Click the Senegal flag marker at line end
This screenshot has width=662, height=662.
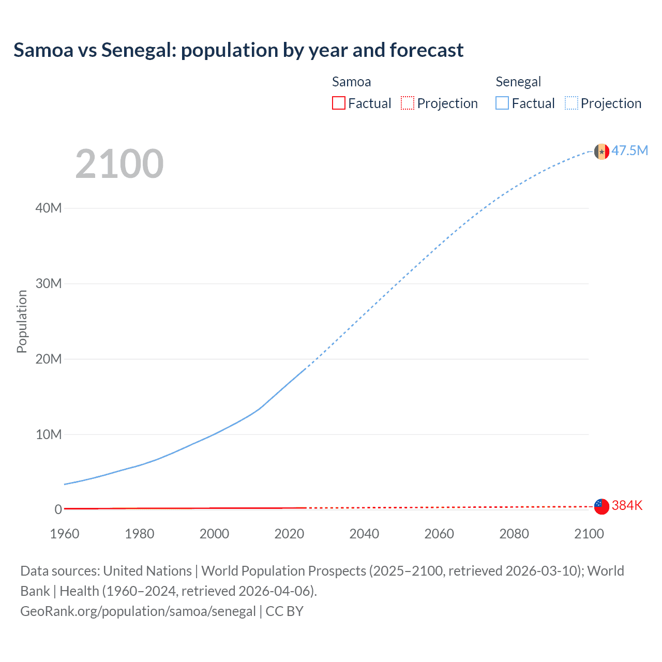(601, 152)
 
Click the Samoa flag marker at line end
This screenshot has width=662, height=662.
(601, 506)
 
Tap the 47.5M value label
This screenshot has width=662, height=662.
(629, 151)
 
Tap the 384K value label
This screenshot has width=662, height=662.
(627, 505)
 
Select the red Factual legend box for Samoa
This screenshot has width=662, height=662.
(338, 103)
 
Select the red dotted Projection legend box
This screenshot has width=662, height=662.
(408, 103)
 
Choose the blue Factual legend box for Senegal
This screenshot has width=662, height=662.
(502, 103)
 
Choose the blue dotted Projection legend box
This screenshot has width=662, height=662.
(571, 103)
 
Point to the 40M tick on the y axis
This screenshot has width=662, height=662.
(49, 208)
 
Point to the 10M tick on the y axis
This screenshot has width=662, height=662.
(49, 434)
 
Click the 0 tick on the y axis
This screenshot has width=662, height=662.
(58, 509)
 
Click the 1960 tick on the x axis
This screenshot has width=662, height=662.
(65, 534)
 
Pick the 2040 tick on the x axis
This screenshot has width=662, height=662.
(364, 534)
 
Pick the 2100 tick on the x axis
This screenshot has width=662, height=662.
(589, 534)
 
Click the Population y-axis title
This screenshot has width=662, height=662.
(22, 321)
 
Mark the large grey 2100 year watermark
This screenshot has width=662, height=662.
(119, 164)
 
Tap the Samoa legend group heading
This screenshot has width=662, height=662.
(351, 82)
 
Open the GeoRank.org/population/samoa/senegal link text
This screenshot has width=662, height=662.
(138, 611)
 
